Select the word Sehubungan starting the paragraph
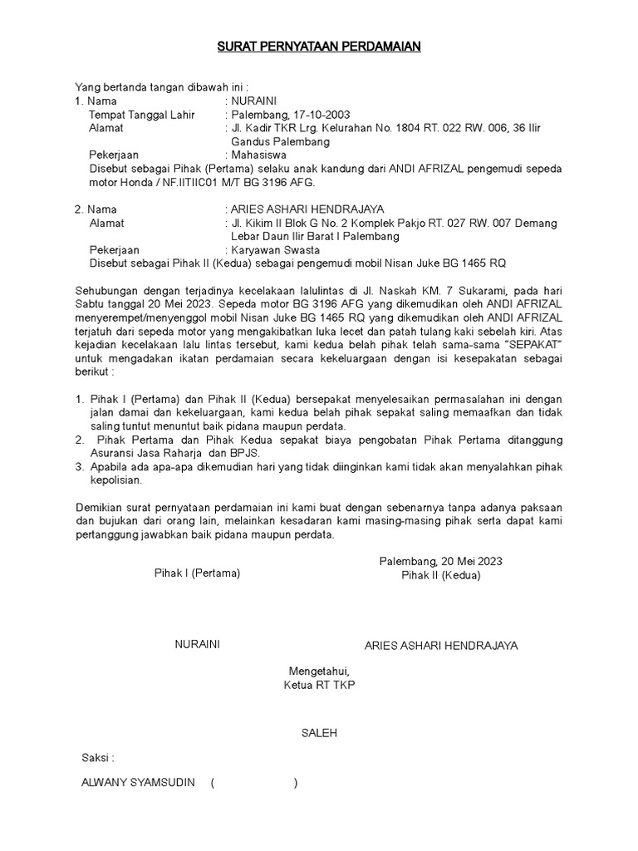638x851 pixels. (107, 291)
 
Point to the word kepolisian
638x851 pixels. (115, 480)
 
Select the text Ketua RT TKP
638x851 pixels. (320, 686)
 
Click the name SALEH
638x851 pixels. (319, 734)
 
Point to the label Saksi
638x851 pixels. (96, 758)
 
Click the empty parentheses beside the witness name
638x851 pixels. (254, 783)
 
